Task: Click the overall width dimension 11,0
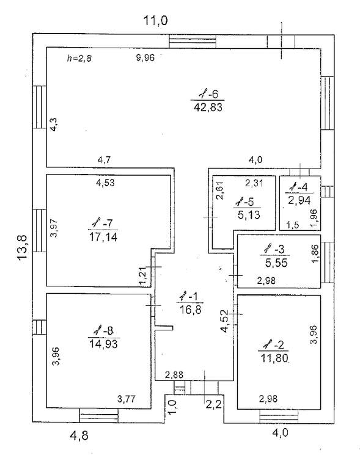(155, 21)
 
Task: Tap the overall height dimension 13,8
(23, 248)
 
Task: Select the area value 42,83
(208, 107)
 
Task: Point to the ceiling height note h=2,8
(79, 59)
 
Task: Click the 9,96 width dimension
(145, 58)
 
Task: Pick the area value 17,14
(103, 237)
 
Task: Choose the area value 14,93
(103, 344)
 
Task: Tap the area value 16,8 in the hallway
(190, 310)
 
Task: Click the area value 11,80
(274, 357)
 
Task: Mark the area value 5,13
(249, 215)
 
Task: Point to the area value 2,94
(299, 200)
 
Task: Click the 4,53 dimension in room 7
(105, 183)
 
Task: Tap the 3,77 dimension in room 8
(127, 399)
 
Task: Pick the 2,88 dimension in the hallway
(174, 375)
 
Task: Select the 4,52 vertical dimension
(225, 321)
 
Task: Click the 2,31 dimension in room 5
(254, 183)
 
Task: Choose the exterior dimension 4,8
(79, 436)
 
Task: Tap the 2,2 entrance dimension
(214, 405)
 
